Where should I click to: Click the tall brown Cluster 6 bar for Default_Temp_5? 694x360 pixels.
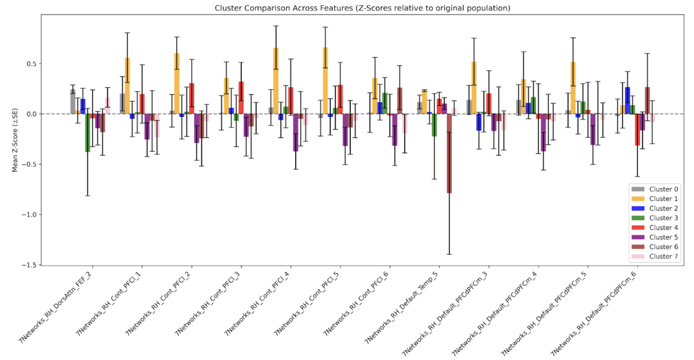pos(449,153)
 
